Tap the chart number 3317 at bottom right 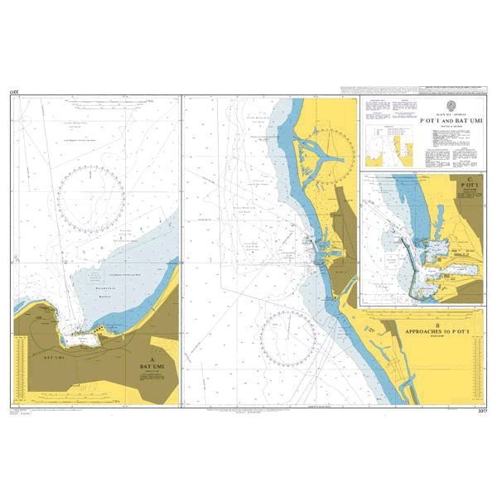coord(475,409)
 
